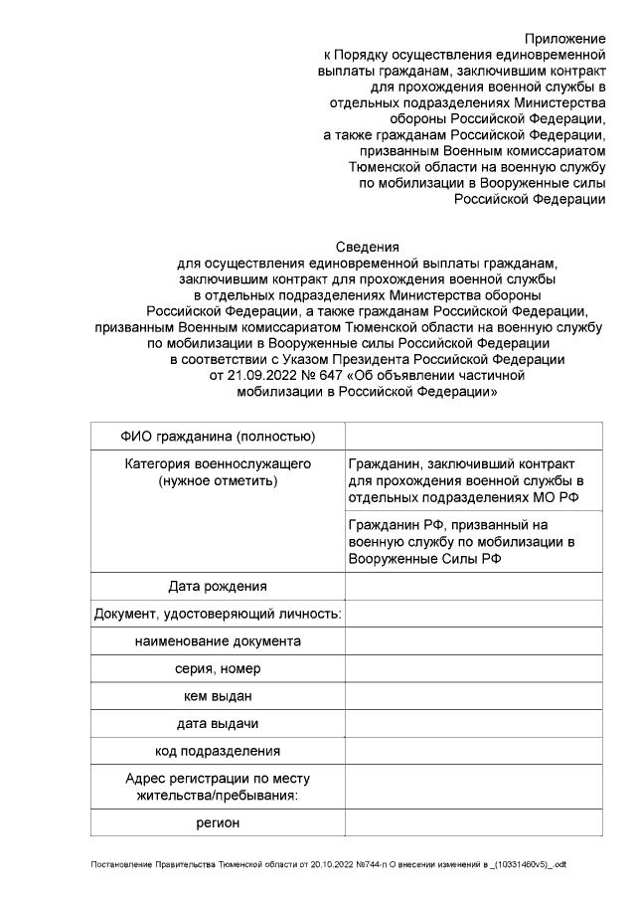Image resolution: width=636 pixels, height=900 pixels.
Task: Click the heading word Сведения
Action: tap(367, 248)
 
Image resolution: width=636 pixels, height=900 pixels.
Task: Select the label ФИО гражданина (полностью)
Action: tap(218, 437)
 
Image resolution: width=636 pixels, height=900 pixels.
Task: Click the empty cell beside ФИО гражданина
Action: tap(473, 437)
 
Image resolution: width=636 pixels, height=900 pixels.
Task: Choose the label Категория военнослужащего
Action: tap(218, 464)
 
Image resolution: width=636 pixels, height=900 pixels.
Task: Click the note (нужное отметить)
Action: tap(218, 481)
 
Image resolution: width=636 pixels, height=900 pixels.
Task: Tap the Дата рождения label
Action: tap(218, 587)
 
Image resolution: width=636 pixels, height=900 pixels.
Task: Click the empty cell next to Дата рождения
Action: tap(473, 587)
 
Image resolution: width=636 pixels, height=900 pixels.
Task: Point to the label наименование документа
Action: tap(218, 641)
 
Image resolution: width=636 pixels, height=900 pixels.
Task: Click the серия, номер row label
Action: tap(218, 668)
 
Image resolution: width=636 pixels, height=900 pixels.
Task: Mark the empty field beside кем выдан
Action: tap(473, 696)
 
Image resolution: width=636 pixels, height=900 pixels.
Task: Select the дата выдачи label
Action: tap(218, 723)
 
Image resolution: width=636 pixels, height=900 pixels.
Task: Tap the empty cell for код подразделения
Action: tap(473, 751)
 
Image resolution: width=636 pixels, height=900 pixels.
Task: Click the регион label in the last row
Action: tap(218, 822)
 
